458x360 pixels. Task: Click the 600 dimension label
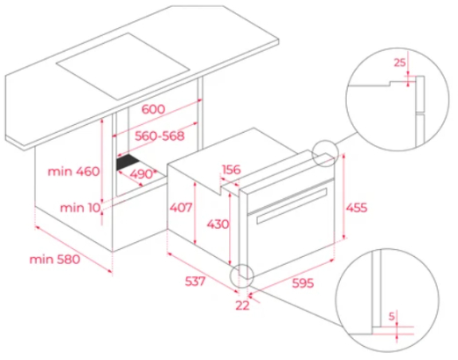click(x=153, y=107)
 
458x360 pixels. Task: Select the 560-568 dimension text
click(x=148, y=137)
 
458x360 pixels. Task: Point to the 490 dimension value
click(x=143, y=174)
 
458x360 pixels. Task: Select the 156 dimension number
click(x=233, y=170)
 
